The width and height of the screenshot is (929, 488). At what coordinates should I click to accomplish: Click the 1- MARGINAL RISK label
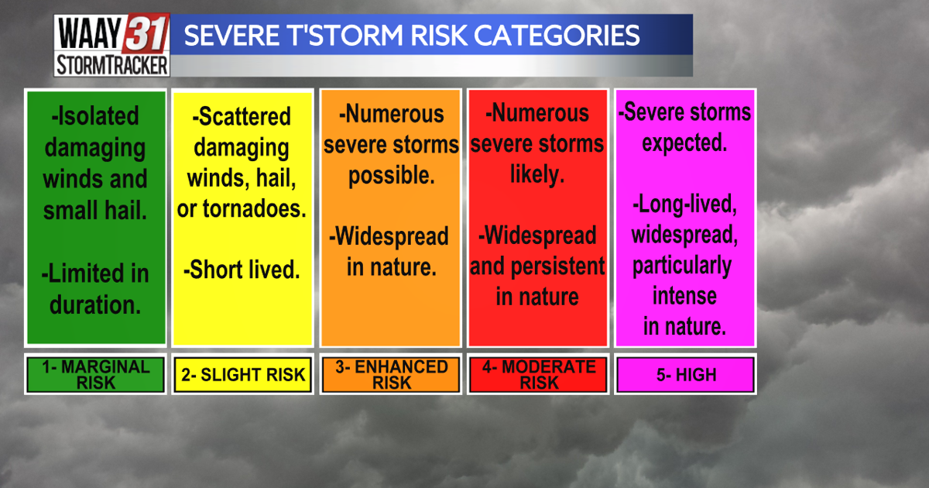coord(96,374)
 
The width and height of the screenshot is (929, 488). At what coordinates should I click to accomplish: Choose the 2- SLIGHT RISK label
coord(243,375)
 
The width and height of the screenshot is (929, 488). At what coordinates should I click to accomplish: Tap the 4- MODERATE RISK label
coord(536,374)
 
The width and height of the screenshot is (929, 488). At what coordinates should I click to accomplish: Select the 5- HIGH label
coord(684,375)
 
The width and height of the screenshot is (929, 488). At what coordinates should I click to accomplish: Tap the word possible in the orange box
coord(391,175)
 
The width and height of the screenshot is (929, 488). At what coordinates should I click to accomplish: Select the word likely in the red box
coord(536,175)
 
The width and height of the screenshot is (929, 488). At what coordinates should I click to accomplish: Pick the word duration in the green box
coord(96,304)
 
